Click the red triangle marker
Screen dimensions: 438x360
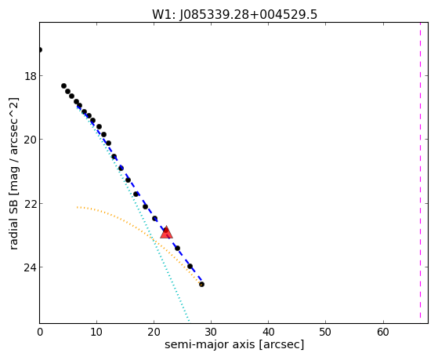pos(166,232)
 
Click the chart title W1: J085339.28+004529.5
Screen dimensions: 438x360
pos(234,15)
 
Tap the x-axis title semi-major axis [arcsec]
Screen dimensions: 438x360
pos(234,344)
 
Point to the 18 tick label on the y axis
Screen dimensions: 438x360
pos(30,76)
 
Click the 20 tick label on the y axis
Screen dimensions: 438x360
pos(30,140)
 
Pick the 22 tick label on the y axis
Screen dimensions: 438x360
pos(30,203)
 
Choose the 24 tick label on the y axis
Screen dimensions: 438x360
pos(30,267)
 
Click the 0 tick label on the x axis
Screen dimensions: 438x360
pos(40,332)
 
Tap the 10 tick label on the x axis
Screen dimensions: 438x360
pos(96,332)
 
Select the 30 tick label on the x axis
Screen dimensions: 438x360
pos(211,332)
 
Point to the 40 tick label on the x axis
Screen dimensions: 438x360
pos(268,332)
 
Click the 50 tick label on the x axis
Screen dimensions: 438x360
pos(325,332)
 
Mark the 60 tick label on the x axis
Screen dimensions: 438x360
pos(383,332)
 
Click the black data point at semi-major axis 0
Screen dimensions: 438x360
pos(40,50)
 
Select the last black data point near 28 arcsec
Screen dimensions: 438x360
pos(201,285)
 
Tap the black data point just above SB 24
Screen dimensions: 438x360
pos(190,267)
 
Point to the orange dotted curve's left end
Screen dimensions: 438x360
pos(77,207)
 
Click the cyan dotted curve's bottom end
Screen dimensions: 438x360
pos(189,320)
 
